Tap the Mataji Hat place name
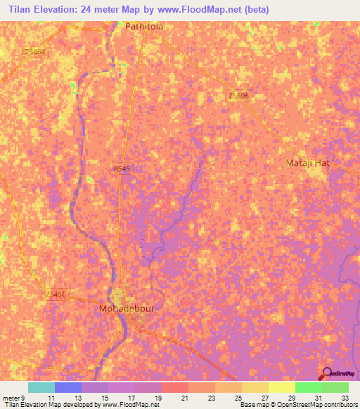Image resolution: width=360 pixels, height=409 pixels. tap(307, 163)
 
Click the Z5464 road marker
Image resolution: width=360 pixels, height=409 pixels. tap(34, 52)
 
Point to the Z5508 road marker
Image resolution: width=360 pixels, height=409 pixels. tap(239, 96)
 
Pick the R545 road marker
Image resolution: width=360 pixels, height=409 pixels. tap(121, 169)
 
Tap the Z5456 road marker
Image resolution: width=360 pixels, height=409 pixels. tap(54, 294)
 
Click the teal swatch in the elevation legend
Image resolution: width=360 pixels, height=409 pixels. tap(41, 387)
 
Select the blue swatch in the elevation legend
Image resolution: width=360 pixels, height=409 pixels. tap(68, 387)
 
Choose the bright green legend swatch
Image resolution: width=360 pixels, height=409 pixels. tap(308, 387)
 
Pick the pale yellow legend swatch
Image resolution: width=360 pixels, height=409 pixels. tap(281, 387)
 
